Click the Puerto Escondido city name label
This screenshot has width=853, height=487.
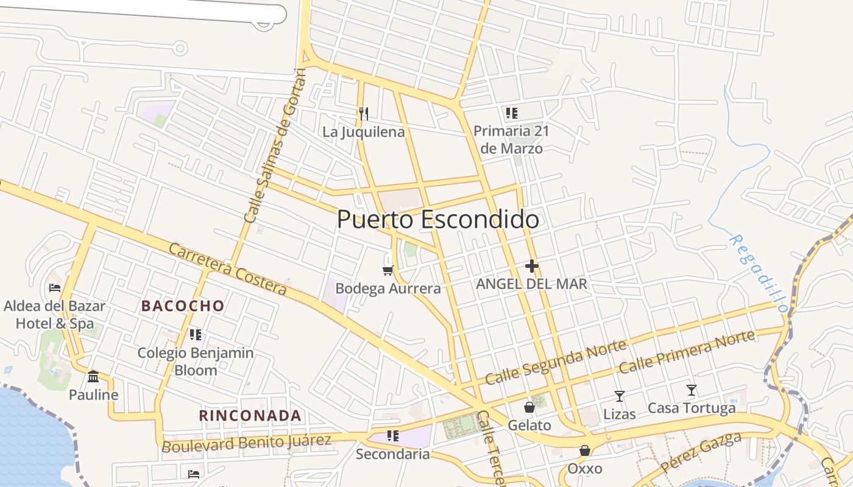point(437,220)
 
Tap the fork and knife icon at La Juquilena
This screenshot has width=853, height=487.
point(364,114)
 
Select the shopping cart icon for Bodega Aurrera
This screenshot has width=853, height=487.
point(388,270)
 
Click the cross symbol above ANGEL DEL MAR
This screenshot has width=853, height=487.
point(532,266)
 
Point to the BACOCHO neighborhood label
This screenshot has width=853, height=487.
point(183,306)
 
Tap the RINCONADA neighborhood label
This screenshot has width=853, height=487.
point(250,416)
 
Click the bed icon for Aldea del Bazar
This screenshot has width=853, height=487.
point(55,287)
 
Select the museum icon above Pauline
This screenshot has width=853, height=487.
point(93,377)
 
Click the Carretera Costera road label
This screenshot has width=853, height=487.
point(227,269)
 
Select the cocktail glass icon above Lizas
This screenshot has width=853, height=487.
point(620,396)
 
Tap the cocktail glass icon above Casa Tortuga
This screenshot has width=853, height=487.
point(691,390)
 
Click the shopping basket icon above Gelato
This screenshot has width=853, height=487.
point(529,407)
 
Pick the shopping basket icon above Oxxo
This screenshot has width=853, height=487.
point(585,450)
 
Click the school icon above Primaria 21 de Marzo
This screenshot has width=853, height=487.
point(511,113)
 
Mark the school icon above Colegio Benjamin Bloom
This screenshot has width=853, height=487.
point(195,334)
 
